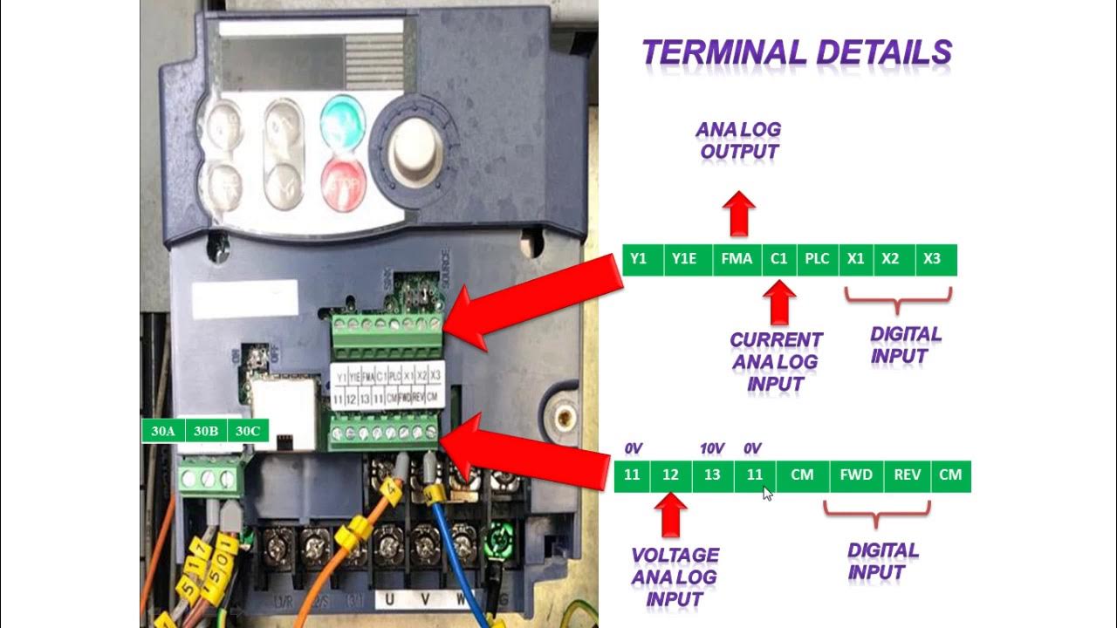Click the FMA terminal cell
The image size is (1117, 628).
pyautogui.click(x=737, y=259)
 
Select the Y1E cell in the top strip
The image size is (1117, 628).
pyautogui.click(x=684, y=259)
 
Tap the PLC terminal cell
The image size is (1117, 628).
pyautogui.click(x=817, y=259)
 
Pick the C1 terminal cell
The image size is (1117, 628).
pyautogui.click(x=778, y=259)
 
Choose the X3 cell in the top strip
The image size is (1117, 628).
pyautogui.click(x=932, y=259)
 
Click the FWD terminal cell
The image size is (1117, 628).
pyautogui.click(x=856, y=475)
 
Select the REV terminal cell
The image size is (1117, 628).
pyautogui.click(x=908, y=475)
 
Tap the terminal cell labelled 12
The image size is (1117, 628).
pyautogui.click(x=670, y=475)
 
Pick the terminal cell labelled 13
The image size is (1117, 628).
pyautogui.click(x=712, y=475)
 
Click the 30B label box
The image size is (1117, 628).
pyautogui.click(x=206, y=431)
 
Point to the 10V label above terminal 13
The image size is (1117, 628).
pyautogui.click(x=712, y=448)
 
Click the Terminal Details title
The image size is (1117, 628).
pyautogui.click(x=797, y=52)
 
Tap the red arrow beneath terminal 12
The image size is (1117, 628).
pyautogui.click(x=670, y=515)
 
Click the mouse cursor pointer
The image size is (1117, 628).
pyautogui.click(x=767, y=494)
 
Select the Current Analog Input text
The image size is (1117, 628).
pyautogui.click(x=776, y=361)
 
